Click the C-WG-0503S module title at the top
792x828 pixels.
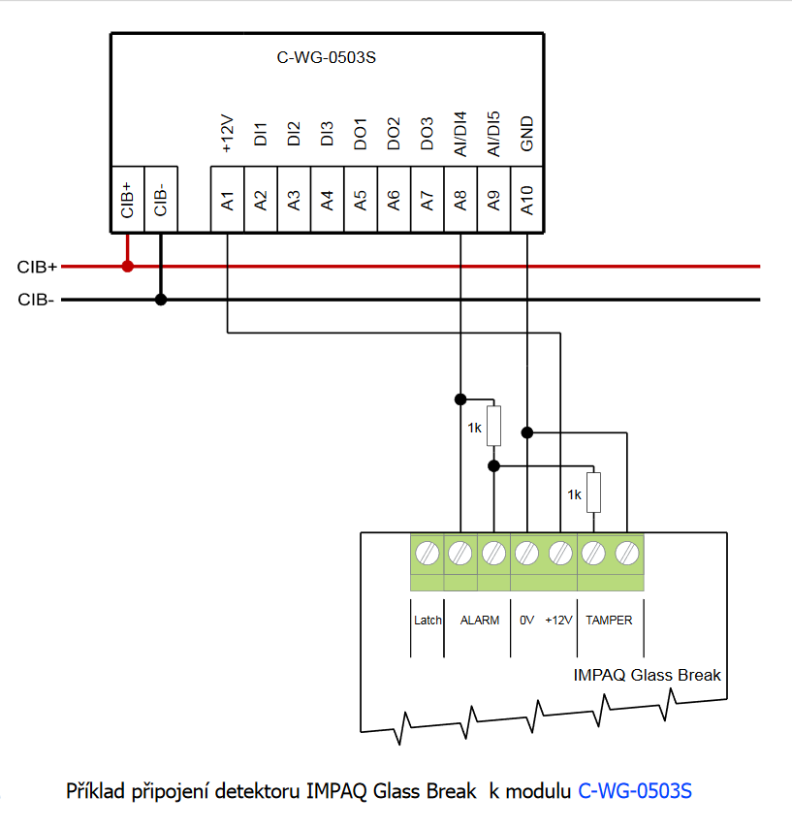click(327, 57)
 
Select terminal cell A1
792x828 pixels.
click(227, 200)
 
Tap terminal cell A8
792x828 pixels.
click(460, 200)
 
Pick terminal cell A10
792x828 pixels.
click(526, 200)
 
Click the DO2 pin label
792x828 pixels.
click(394, 134)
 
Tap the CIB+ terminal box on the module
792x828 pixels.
click(127, 200)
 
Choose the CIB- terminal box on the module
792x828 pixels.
click(161, 200)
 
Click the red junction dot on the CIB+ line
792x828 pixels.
click(127, 266)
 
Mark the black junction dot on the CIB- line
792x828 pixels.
click(161, 300)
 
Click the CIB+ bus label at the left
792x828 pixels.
click(38, 266)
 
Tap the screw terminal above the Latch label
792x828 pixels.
click(428, 554)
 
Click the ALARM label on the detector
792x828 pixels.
click(480, 621)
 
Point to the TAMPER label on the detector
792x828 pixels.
click(609, 621)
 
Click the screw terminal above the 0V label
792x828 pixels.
click(526, 554)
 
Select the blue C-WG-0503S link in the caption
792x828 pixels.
click(635, 790)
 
